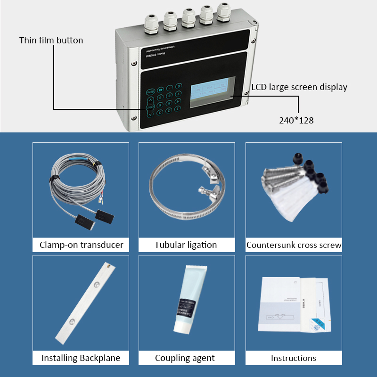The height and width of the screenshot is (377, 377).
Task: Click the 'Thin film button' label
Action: pyautogui.click(x=51, y=40)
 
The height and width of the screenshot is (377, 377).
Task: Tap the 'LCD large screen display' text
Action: pyautogui.click(x=299, y=87)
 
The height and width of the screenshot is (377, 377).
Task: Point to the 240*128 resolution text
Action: pyautogui.click(x=296, y=120)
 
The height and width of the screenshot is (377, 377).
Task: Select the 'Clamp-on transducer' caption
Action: pyautogui.click(x=81, y=245)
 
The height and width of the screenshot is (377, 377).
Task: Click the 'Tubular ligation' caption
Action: pyautogui.click(x=186, y=245)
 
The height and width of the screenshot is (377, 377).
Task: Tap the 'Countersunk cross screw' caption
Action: pyautogui.click(x=294, y=245)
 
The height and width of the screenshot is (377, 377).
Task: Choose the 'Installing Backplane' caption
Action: pyautogui.click(x=81, y=358)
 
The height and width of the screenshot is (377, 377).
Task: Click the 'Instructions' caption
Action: pyautogui.click(x=293, y=358)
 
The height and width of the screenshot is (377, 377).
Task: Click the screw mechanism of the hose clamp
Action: pyautogui.click(x=206, y=191)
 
